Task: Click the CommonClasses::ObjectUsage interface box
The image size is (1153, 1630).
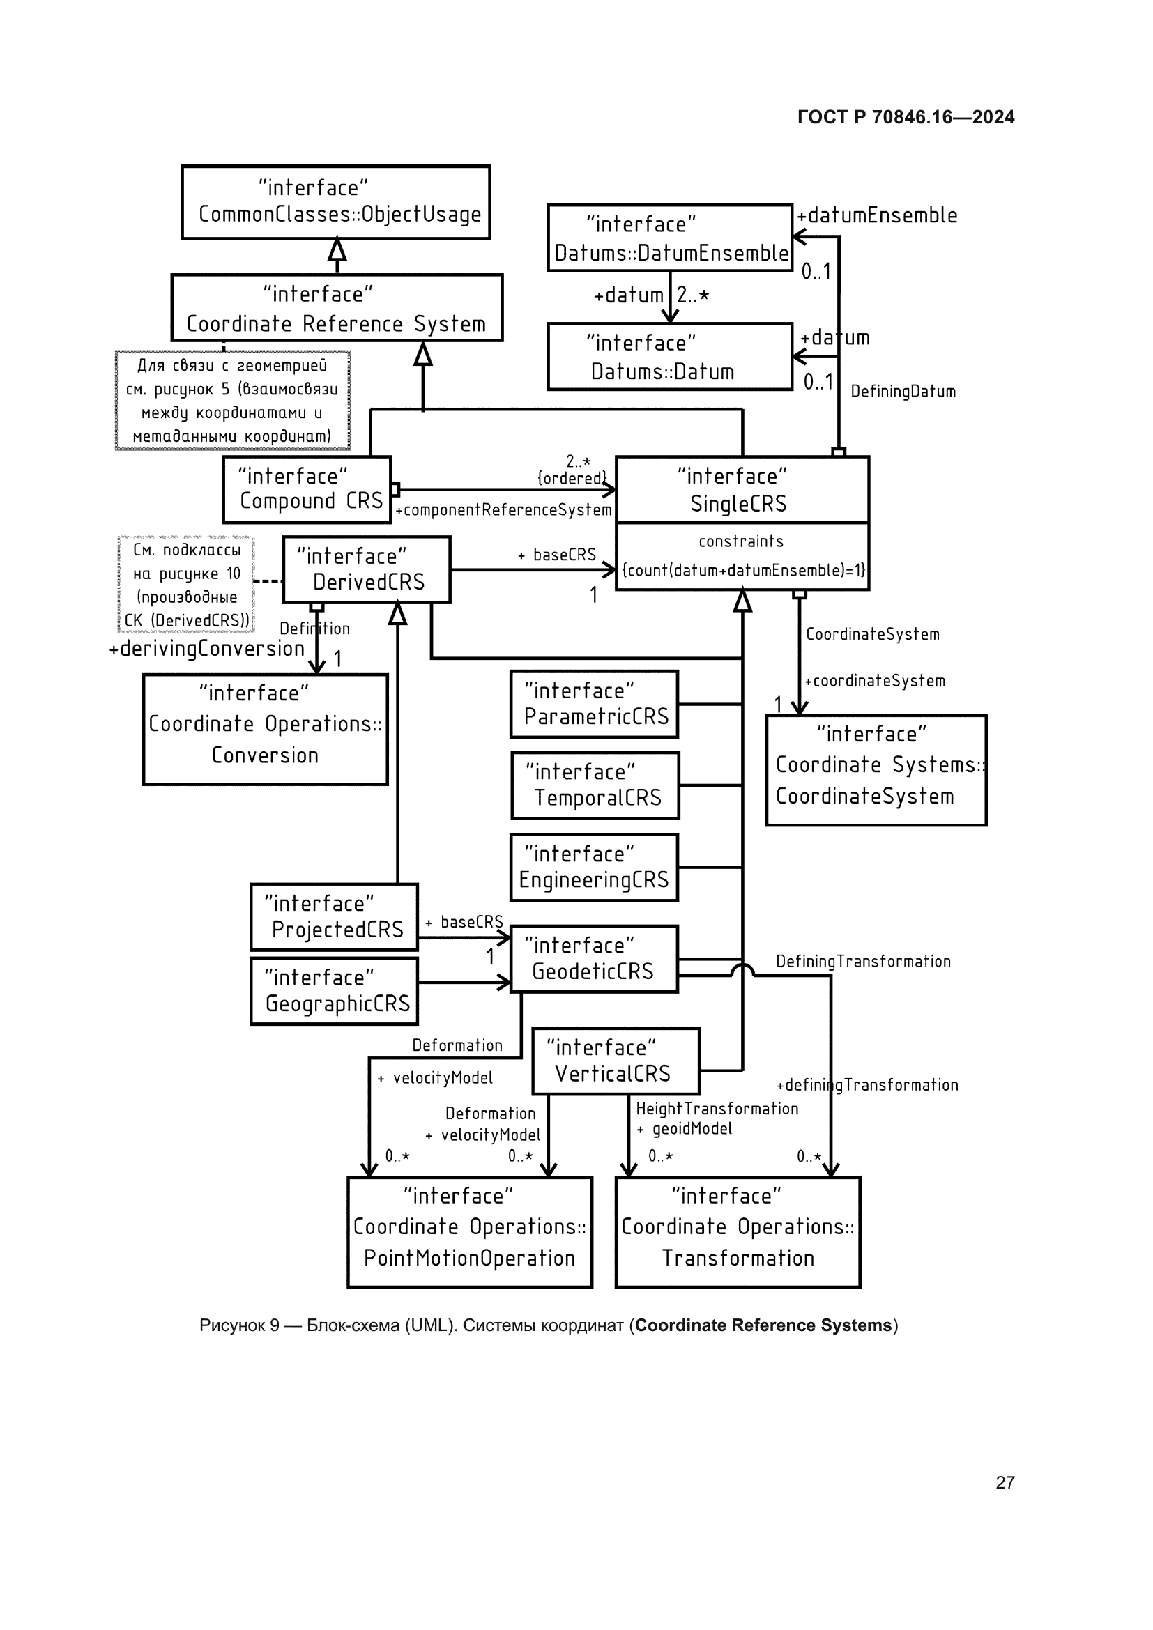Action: click(x=336, y=202)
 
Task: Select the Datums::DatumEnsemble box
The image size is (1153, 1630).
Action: click(x=669, y=238)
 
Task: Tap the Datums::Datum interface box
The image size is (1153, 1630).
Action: click(x=669, y=356)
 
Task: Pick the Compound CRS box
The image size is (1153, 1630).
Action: click(x=307, y=490)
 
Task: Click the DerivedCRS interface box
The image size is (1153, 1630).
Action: click(x=367, y=569)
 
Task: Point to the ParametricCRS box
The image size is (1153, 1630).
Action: click(x=594, y=705)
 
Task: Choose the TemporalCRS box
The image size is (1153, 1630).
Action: click(x=595, y=785)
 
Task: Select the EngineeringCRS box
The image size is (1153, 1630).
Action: click(x=594, y=867)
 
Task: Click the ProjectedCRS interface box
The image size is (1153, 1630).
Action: click(x=335, y=916)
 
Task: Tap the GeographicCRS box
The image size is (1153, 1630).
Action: click(x=335, y=990)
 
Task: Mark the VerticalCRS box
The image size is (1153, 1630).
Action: click(x=616, y=1061)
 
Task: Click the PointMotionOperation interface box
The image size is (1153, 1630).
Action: click(x=469, y=1231)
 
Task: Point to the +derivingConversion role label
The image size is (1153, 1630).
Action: click(x=206, y=649)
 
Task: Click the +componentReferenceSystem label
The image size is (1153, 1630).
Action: click(x=503, y=509)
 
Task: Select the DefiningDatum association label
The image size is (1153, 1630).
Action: click(x=902, y=391)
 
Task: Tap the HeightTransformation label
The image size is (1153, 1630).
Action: click(x=717, y=1108)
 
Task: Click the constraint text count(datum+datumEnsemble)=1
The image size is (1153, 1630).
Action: click(x=742, y=570)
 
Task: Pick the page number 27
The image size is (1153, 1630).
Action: click(x=1005, y=1482)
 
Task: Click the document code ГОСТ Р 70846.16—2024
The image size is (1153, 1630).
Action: click(x=906, y=117)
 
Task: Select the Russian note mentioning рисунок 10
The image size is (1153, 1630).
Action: click(x=186, y=585)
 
